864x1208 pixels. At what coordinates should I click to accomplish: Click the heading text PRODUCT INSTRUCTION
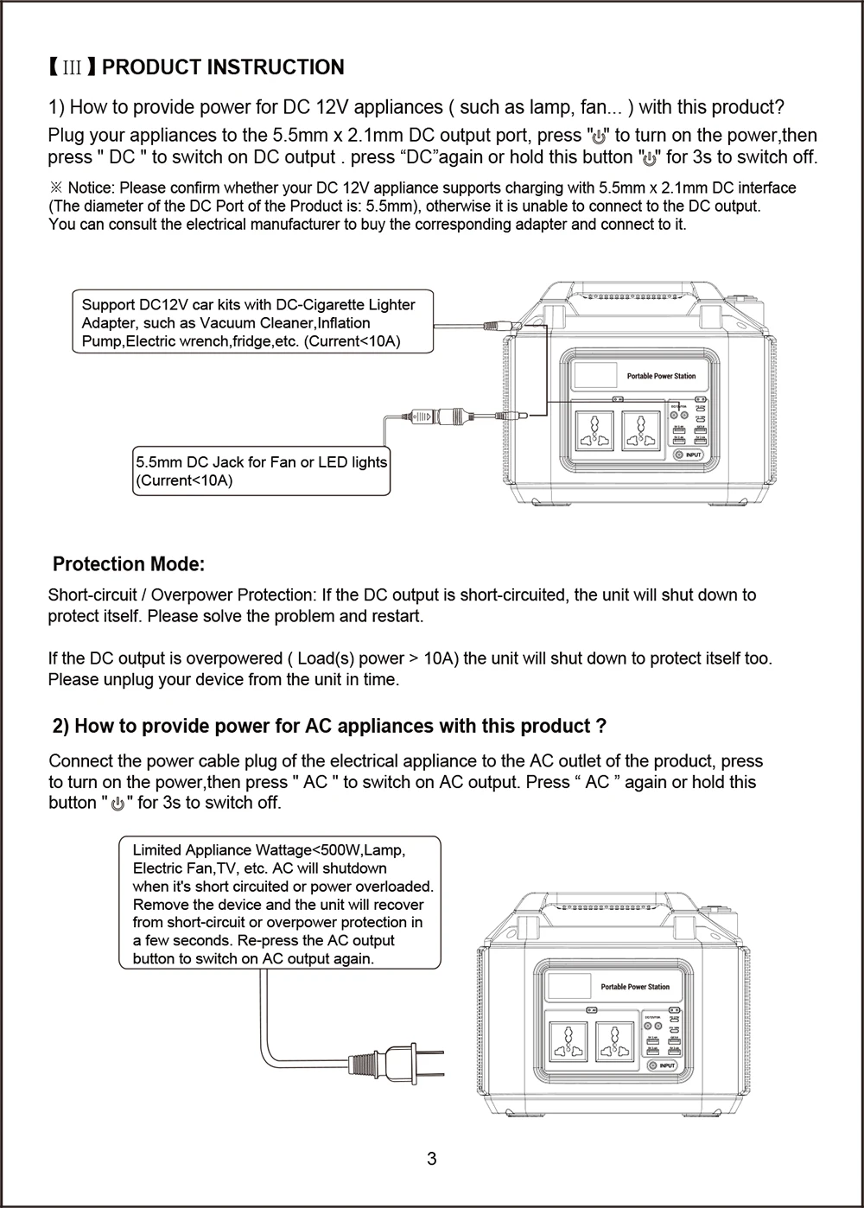tap(228, 67)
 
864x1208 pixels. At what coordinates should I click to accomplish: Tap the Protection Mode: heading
tap(129, 564)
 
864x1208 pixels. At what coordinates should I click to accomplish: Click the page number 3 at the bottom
tap(432, 1159)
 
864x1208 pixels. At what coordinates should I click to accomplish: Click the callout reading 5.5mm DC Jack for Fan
tap(261, 471)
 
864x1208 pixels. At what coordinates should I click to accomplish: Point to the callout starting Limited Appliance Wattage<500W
tap(279, 904)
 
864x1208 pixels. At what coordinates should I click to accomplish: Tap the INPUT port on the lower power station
tap(663, 1065)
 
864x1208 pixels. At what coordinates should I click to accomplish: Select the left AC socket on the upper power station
tap(594, 429)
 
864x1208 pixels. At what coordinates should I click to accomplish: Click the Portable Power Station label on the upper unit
tap(661, 376)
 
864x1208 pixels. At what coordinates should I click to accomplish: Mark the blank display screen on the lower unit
tap(567, 986)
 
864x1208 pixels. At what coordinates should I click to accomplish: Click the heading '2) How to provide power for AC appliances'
tap(329, 726)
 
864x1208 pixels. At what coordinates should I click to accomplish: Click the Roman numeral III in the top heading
tap(73, 67)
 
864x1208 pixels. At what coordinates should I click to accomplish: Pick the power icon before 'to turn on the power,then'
tap(600, 136)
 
